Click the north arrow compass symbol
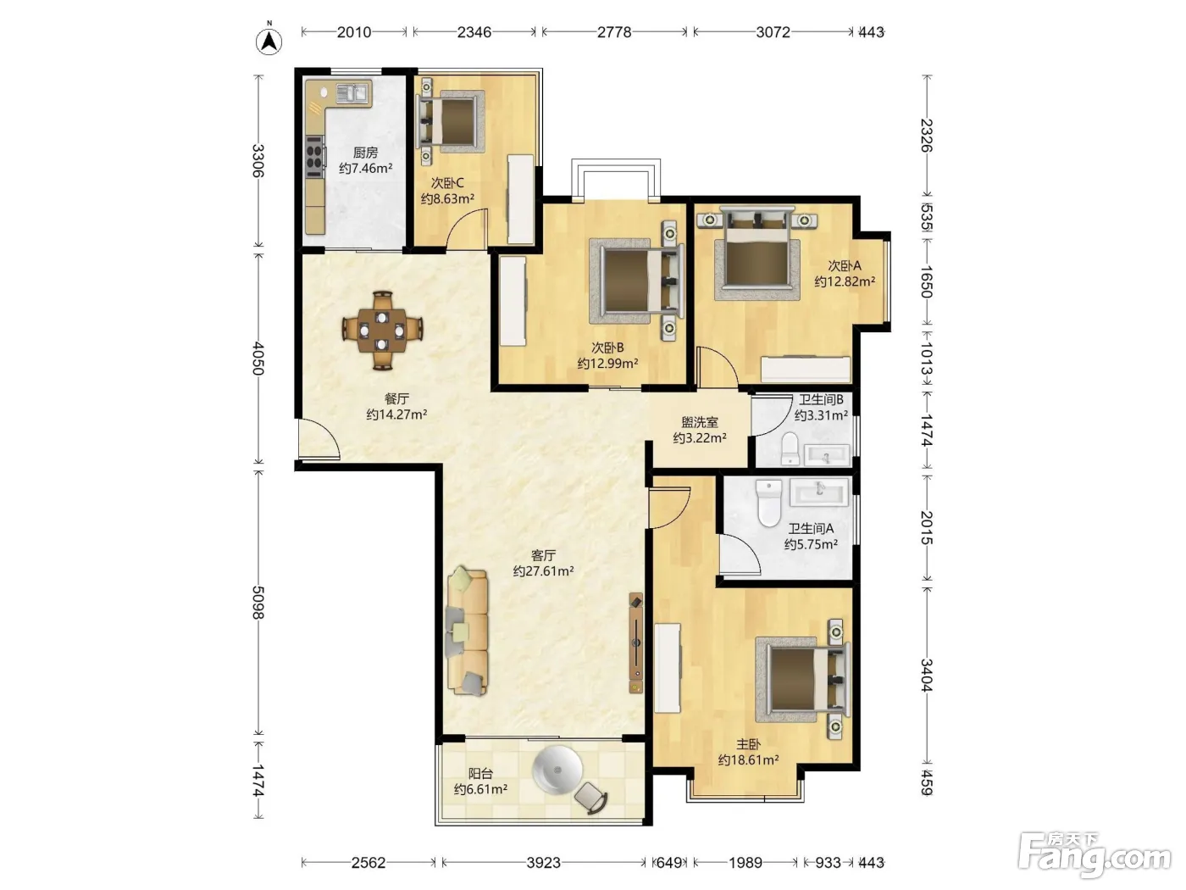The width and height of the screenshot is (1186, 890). [x=269, y=41]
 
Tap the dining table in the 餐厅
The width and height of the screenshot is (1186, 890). [x=383, y=331]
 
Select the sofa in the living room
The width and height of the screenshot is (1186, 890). [x=468, y=631]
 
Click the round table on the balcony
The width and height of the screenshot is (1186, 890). [x=557, y=770]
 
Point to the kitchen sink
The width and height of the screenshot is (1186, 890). [x=352, y=93]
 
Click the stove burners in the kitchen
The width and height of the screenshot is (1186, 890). [x=315, y=156]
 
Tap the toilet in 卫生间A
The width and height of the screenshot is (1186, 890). [x=769, y=503]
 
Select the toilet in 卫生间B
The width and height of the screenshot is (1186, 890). [x=790, y=448]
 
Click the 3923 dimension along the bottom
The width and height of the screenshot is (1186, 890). [x=543, y=862]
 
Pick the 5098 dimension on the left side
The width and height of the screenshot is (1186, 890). [x=258, y=603]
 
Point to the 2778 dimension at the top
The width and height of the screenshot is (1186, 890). [x=614, y=32]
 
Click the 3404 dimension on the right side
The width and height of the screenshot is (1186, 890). [x=926, y=675]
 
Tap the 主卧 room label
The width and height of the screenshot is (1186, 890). [x=748, y=745]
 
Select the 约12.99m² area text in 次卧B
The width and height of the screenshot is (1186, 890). [x=608, y=363]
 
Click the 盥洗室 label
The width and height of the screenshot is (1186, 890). [x=700, y=422]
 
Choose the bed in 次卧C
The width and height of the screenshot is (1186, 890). [x=451, y=120]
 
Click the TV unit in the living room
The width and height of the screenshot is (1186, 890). [x=636, y=643]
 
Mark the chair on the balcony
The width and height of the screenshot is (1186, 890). [x=590, y=798]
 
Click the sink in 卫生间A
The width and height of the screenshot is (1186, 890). [x=818, y=492]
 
